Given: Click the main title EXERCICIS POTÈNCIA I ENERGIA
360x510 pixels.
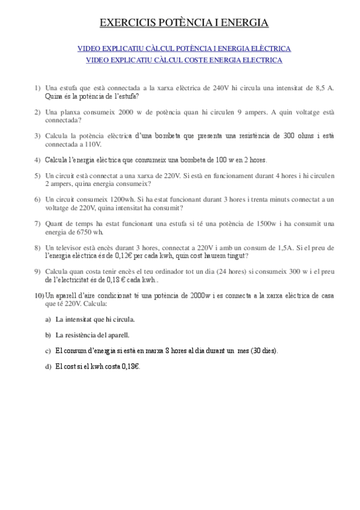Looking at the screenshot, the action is [x=183, y=23].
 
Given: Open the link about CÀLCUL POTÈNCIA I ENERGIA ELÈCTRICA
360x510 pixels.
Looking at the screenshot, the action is [x=184, y=48].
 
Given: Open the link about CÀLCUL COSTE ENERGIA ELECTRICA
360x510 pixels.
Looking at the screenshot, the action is [x=184, y=60].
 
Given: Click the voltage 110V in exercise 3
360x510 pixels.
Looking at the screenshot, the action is [x=93, y=144].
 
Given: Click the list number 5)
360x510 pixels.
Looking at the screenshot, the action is [x=37, y=176].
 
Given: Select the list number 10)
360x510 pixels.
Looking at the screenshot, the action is [x=39, y=296].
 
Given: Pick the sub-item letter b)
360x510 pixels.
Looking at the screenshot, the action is [x=48, y=335].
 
